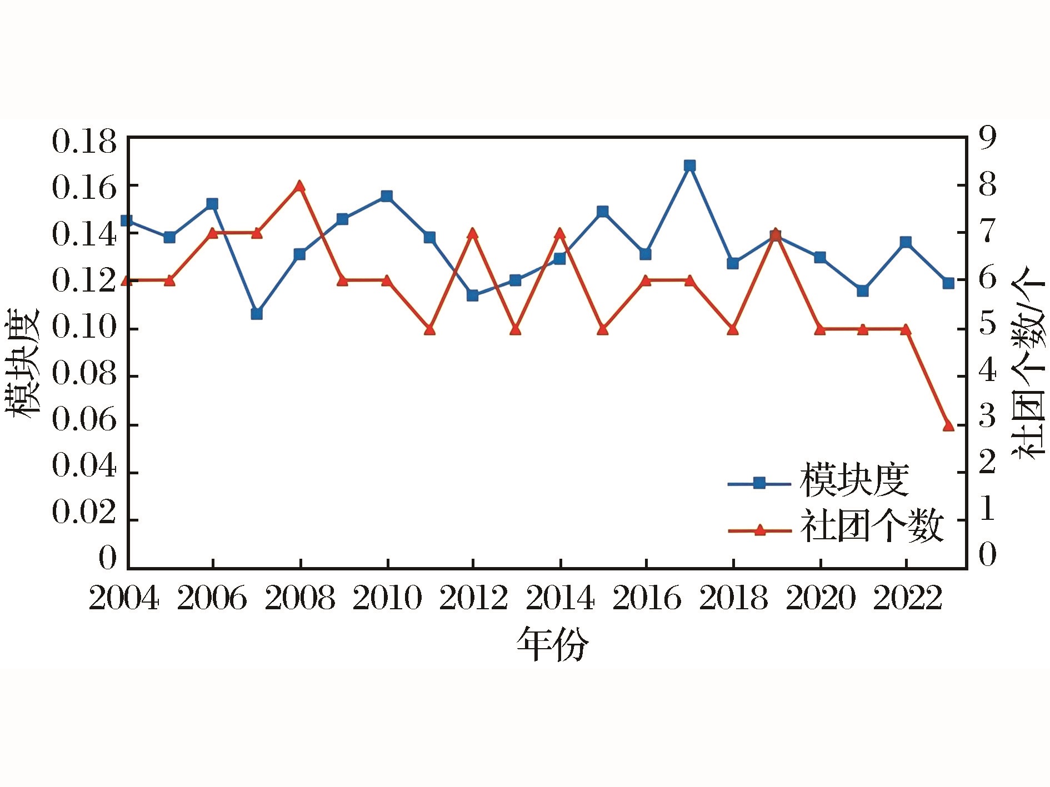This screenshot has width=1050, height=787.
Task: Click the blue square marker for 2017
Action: pos(689,166)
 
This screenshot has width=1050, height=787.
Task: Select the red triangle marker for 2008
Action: pos(299,186)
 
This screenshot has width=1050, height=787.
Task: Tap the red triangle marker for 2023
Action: pos(948,425)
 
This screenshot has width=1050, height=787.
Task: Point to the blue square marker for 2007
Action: pos(257,313)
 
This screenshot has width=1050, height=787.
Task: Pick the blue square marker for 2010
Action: pos(387,196)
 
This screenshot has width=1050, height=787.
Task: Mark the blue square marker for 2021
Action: pos(862,290)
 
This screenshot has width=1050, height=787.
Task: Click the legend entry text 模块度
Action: pos(854,481)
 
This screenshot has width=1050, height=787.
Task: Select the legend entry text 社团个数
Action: pos(872,527)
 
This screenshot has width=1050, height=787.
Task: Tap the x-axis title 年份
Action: pos(552,645)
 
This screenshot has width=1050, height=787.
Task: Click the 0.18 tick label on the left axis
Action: pos(84,142)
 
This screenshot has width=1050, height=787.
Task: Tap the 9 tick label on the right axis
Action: pos(987,138)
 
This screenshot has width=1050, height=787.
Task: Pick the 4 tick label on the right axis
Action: pos(987,370)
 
